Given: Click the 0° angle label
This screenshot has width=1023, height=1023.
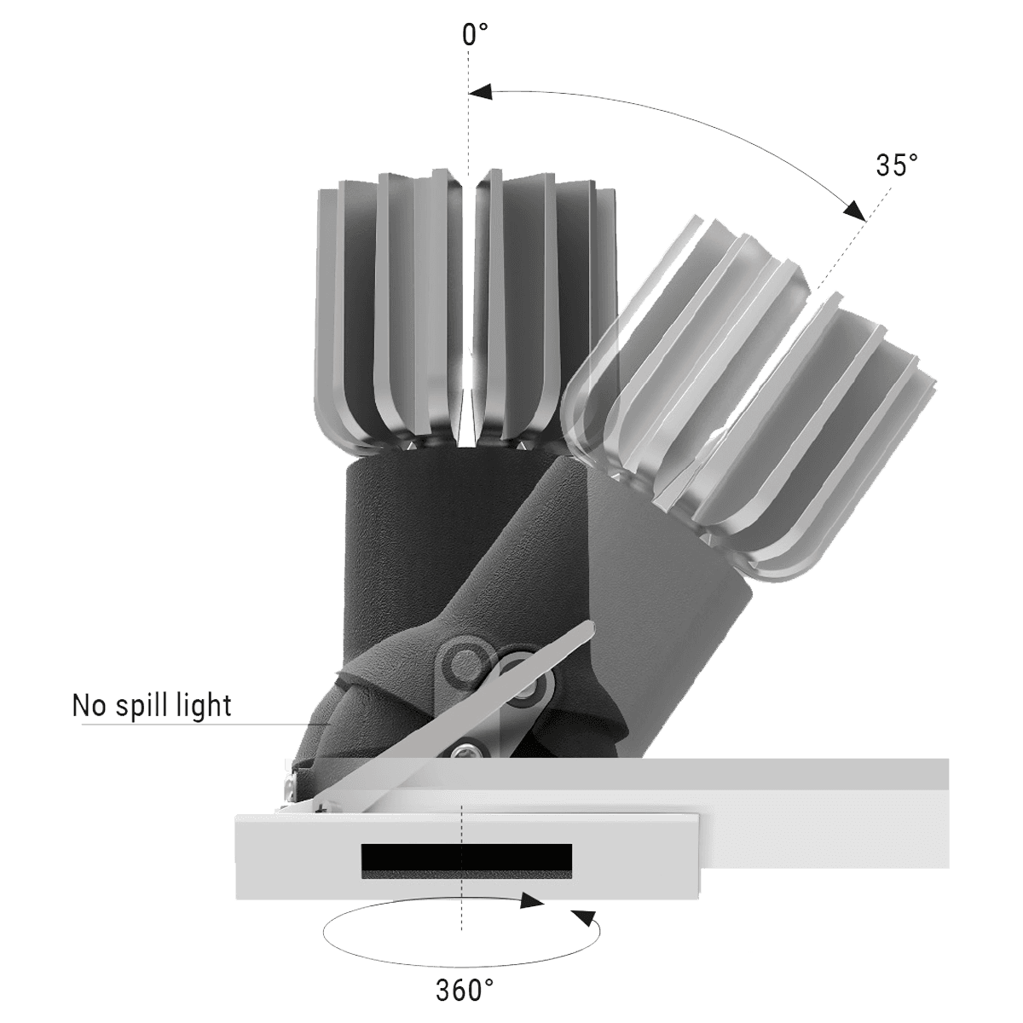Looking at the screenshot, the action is click(474, 36).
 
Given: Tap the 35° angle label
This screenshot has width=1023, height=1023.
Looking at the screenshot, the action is click(897, 165).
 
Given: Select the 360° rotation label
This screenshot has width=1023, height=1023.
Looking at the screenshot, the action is click(465, 990).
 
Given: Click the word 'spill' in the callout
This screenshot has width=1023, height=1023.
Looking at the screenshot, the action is click(138, 707).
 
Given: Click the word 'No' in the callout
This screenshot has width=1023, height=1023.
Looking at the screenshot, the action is click(89, 707).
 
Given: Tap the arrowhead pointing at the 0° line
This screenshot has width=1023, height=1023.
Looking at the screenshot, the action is click(481, 92).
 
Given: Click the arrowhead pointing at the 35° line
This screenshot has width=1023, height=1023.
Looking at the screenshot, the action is click(854, 210).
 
